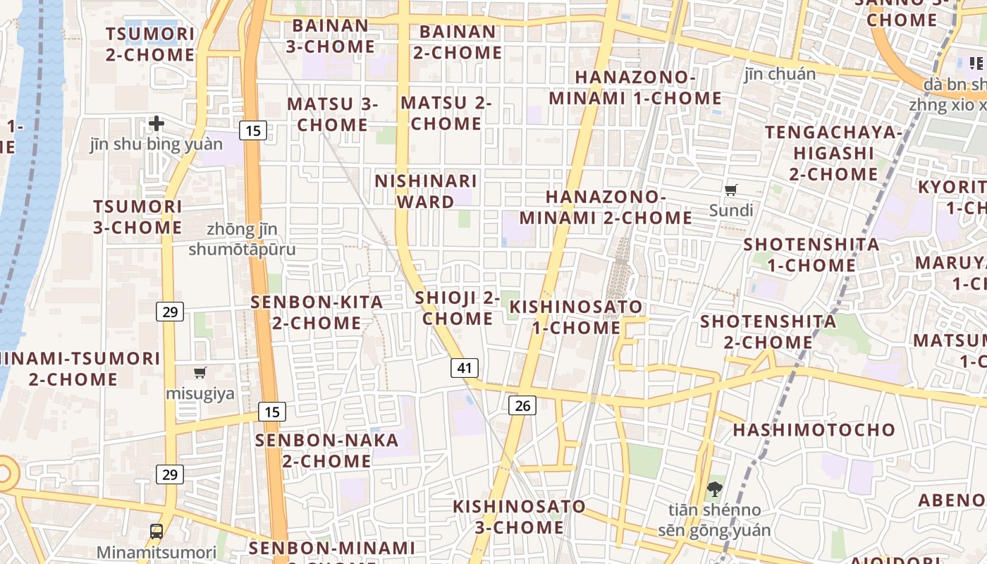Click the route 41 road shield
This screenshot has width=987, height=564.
pos(464,367)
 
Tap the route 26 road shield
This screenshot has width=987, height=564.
pos(522,405)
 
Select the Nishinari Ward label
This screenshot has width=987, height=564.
pos(426,191)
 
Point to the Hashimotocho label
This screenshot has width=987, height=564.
pos(814,429)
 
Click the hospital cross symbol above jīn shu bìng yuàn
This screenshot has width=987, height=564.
pos(157,124)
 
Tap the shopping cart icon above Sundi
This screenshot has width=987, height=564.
pos(731,190)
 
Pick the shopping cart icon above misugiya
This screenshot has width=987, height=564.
pos(200,372)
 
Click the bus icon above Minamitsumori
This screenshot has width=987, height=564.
pos(157,532)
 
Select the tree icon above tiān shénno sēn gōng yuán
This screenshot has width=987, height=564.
pos(715,489)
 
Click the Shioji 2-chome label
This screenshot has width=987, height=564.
pos(458,308)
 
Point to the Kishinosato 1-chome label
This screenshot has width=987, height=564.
pos(576,317)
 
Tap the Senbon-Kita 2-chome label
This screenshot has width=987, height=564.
pos(317,312)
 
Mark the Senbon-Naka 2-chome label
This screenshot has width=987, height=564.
pos(327,450)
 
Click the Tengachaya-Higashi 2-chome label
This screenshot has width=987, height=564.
pos(833,153)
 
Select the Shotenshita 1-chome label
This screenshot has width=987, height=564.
pos(811,255)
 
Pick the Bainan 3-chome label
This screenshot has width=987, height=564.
pos(331,36)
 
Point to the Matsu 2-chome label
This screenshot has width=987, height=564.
pos(446,113)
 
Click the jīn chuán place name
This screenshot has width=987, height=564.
pos(780,74)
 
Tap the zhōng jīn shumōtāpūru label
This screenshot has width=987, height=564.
pos(243,239)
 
